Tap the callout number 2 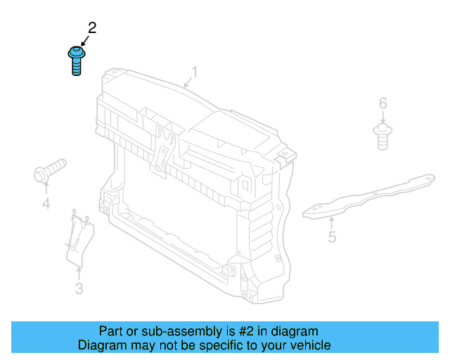coord(91,28)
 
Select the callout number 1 coord(195,72)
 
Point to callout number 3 coord(79,288)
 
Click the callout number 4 coord(46,204)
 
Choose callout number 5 coord(332,237)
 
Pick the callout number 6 coord(382,104)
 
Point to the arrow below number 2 coord(84,42)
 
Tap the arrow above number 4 coord(46,188)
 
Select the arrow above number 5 coord(330,221)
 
